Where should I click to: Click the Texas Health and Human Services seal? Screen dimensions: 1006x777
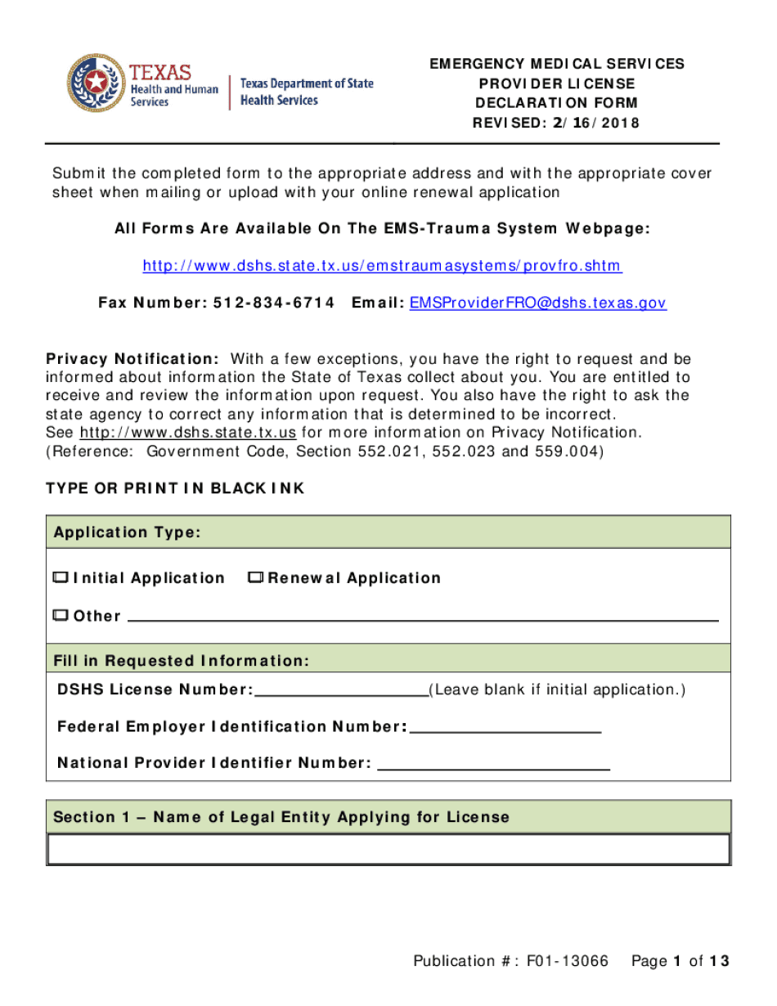tap(97, 83)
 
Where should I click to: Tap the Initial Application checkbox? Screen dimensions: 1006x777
tap(61, 578)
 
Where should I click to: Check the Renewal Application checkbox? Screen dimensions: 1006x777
tap(255, 578)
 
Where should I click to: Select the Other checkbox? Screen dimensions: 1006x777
tap(61, 616)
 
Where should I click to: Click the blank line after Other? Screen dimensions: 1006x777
tap(423, 618)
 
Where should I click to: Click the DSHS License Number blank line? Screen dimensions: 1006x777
tap(342, 692)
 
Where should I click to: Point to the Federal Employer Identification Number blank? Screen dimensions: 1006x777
tap(505, 729)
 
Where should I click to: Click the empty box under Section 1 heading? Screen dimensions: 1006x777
tap(388, 849)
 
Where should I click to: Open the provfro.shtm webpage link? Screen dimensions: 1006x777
tap(382, 266)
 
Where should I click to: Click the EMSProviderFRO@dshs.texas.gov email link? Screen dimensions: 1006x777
tap(537, 303)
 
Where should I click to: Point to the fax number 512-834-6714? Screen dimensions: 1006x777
tap(274, 303)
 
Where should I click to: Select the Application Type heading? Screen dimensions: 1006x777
tap(127, 533)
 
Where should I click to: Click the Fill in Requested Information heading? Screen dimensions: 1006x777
tap(181, 661)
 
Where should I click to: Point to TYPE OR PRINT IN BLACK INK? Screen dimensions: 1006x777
tap(175, 488)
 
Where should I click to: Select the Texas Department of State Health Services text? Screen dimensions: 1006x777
tap(307, 92)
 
